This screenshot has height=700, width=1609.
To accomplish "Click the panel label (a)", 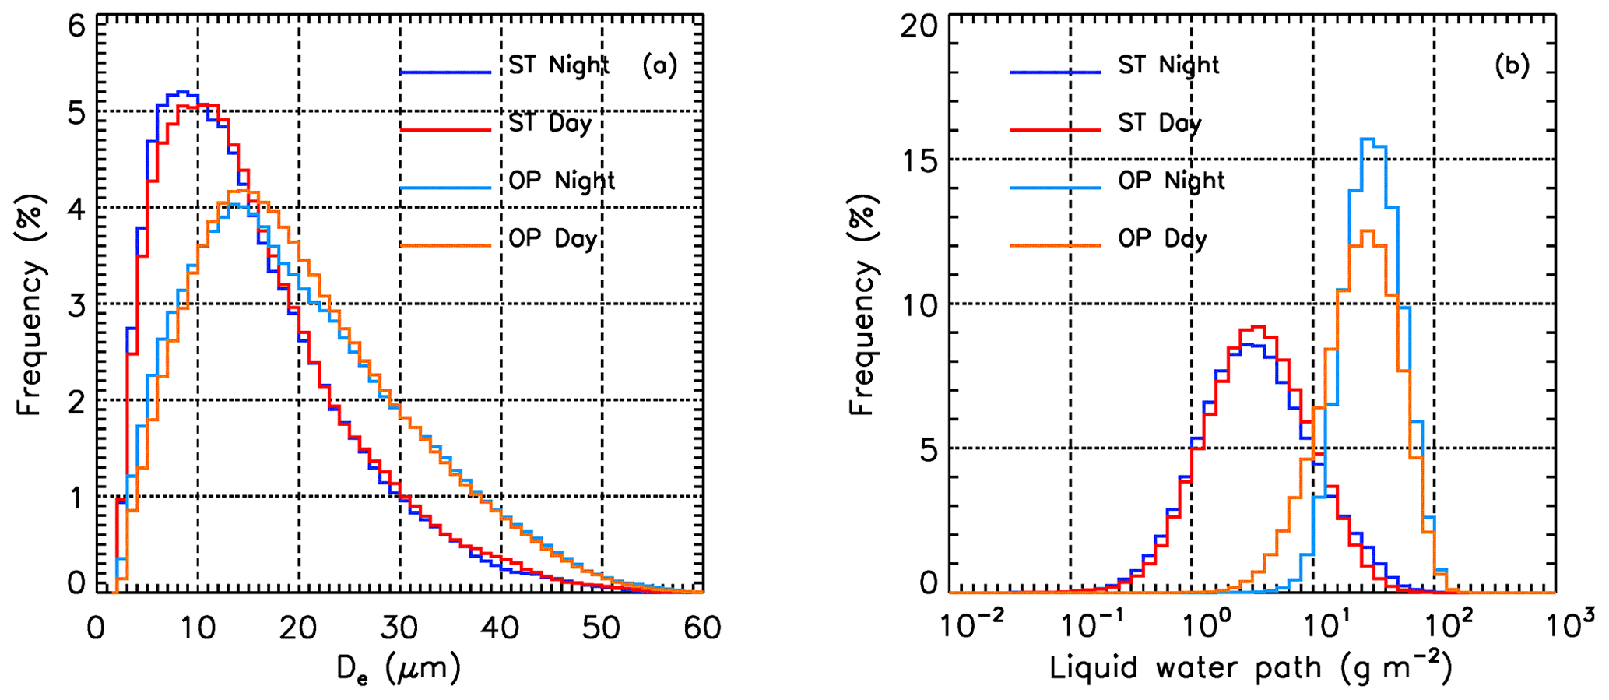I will [x=659, y=66].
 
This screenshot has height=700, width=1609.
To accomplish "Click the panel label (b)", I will [x=1512, y=66].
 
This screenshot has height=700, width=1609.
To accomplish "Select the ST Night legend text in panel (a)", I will [x=559, y=65].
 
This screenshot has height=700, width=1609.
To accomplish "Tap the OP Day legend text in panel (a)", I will [x=553, y=239].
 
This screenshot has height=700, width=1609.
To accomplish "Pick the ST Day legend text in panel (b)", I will [x=1160, y=124].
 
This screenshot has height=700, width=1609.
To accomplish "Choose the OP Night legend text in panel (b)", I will [x=1172, y=181].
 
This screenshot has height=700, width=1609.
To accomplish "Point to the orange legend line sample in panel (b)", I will [x=1055, y=246].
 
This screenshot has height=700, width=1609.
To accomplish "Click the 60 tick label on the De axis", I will [x=702, y=628].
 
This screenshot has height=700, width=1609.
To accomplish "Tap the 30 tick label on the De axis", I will [x=399, y=628].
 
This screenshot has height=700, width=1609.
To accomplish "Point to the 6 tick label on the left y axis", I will [x=76, y=28].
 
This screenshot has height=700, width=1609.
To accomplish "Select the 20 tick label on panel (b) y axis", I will [x=919, y=28].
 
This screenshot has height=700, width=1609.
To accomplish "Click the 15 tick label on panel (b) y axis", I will [x=919, y=161].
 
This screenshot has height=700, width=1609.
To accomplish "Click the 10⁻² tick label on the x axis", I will [x=961, y=624].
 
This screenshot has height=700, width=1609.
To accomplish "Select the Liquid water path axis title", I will [x=1250, y=667].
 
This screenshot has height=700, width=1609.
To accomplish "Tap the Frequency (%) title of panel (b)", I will [x=862, y=304].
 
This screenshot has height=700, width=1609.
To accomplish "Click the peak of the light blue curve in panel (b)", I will [x=1367, y=139].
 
